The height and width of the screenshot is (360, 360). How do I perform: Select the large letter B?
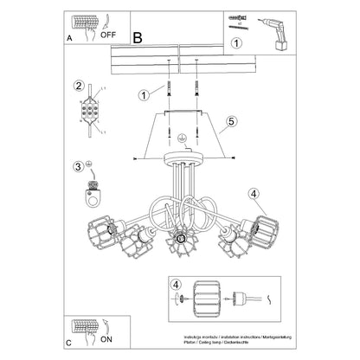138,37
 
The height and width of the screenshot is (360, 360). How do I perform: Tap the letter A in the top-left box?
69,39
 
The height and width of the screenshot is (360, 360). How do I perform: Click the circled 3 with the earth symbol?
80,166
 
